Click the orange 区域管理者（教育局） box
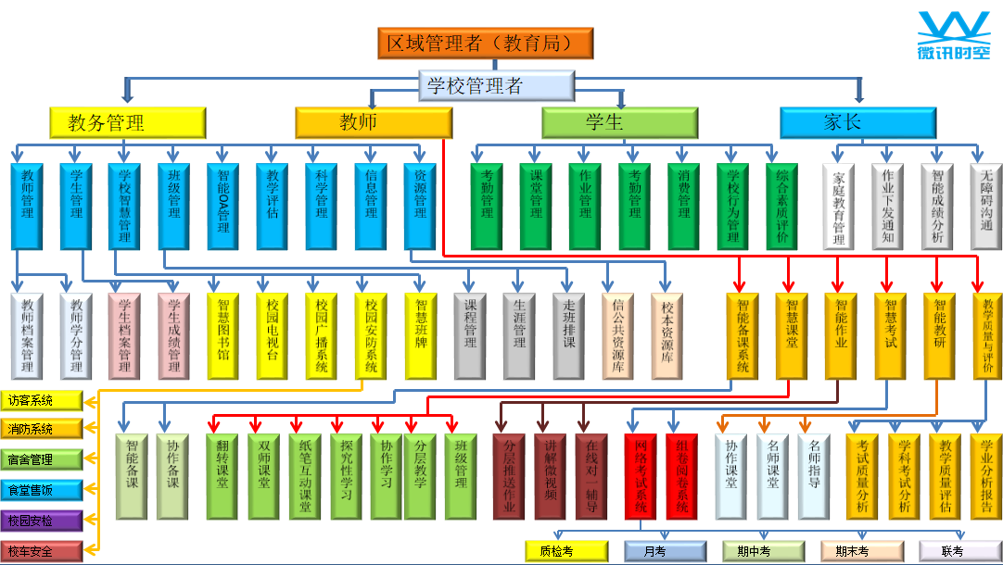485,44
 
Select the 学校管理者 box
497,87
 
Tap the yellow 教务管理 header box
127,122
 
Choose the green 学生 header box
619,122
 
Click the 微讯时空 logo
953,38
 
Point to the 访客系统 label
42,401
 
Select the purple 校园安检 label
42,521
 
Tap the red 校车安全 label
42,551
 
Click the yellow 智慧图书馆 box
223,335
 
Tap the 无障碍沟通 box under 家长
986,207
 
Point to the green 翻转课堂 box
222,476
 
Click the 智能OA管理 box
223,207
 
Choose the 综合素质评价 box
782,207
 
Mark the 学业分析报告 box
986,476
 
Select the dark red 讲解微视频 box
550,476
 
